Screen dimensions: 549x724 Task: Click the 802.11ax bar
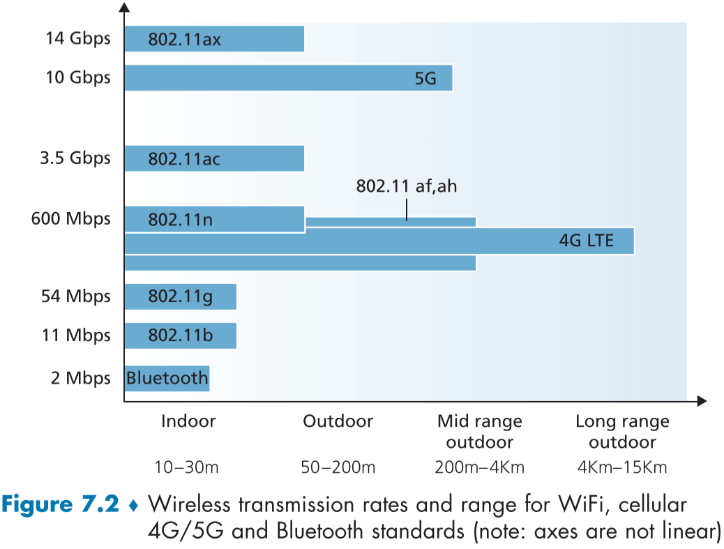tap(214, 39)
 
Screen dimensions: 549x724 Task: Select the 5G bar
tap(288, 78)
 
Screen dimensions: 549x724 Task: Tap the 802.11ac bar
tap(214, 159)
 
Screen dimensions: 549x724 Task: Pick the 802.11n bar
tap(214, 220)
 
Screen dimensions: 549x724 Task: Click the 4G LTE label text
tap(587, 241)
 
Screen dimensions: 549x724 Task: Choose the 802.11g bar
tap(180, 296)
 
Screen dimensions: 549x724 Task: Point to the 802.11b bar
tap(180, 336)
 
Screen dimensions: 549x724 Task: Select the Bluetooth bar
tap(167, 379)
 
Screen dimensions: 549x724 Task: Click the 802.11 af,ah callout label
tap(407, 187)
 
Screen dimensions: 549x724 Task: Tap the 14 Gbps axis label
tap(78, 38)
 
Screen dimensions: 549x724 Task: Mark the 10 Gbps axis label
tap(78, 77)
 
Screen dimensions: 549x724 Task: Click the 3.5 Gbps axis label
tap(75, 158)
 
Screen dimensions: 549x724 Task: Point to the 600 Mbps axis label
tap(71, 219)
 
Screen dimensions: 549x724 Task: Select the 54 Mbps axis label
tap(75, 296)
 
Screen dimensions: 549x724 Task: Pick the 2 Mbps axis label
tap(81, 379)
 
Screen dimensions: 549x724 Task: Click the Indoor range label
tap(188, 421)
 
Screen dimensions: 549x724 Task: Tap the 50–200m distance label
tap(337, 467)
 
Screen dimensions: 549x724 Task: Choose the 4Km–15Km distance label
tap(622, 467)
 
